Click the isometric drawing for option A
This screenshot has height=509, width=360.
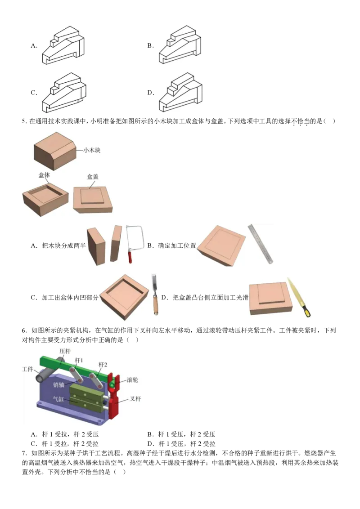click(63, 45)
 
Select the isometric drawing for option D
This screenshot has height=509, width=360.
click(180, 93)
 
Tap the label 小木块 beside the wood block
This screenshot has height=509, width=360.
click(92, 150)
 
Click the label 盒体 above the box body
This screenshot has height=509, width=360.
click(44, 175)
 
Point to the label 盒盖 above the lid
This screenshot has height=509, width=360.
click(93, 177)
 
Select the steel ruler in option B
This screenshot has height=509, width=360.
click(261, 243)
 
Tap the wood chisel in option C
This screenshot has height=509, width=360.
click(155, 295)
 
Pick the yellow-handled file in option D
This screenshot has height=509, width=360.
click(299, 297)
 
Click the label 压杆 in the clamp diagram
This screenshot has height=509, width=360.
click(65, 351)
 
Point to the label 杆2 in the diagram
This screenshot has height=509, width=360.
click(103, 365)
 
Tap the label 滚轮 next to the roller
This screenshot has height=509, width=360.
click(132, 380)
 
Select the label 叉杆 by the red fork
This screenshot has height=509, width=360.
click(135, 399)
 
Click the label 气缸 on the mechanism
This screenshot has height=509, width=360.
click(58, 399)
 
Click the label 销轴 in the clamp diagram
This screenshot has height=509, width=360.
click(59, 384)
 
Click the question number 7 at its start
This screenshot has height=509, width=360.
click(24, 453)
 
